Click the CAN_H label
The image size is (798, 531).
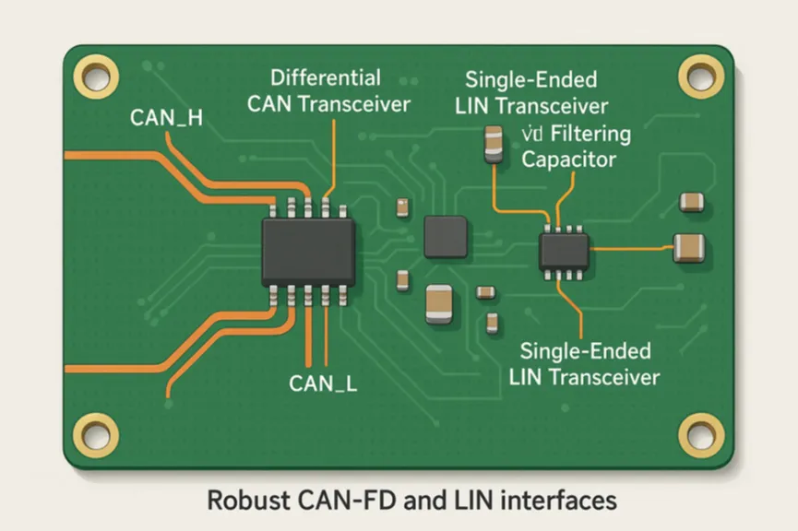click(x=167, y=117)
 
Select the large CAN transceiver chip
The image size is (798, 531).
click(x=308, y=251)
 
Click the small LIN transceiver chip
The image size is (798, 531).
click(x=564, y=250)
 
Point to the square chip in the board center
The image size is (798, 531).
click(x=445, y=235)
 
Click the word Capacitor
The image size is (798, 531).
click(x=568, y=159)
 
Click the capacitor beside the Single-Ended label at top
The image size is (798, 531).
click(x=494, y=145)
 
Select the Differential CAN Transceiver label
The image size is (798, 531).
click(x=328, y=89)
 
